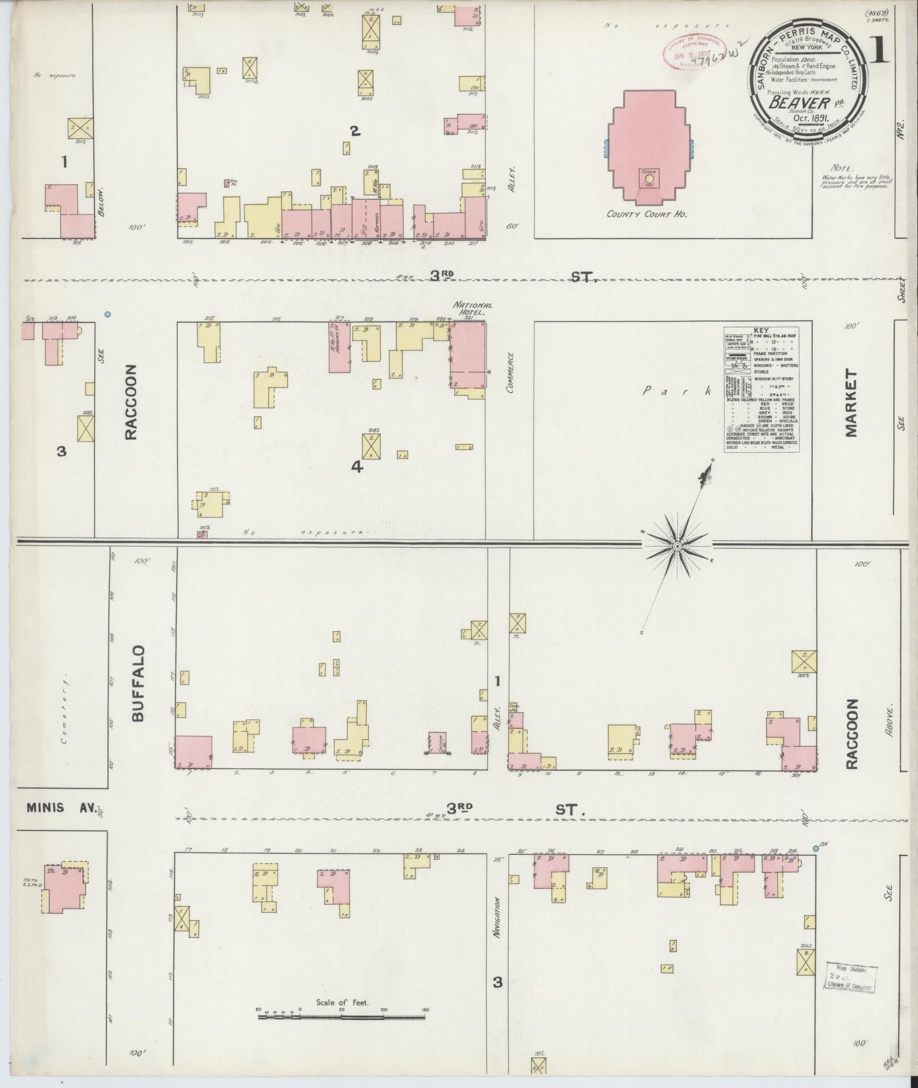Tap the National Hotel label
[472, 309]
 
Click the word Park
[677, 391]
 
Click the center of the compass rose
[677, 547]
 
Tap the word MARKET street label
[851, 403]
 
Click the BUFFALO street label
[138, 684]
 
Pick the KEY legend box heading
[760, 330]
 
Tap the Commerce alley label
[510, 373]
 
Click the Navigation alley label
[497, 917]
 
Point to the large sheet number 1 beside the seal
[879, 52]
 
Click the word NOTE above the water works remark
[842, 169]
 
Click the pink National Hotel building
[468, 358]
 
